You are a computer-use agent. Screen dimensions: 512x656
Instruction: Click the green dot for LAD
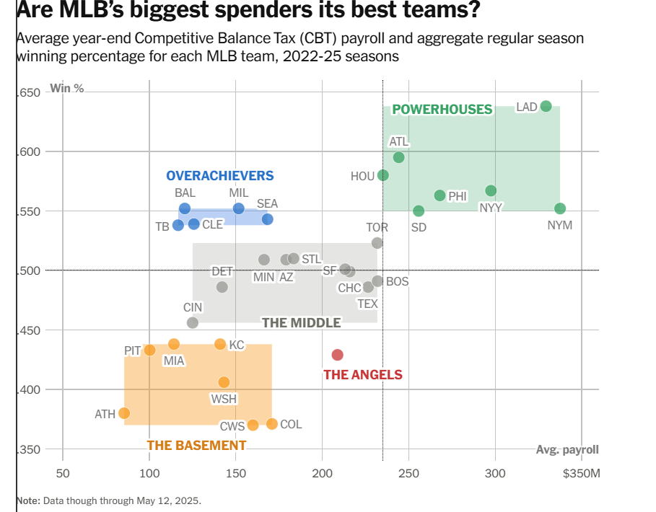click(x=546, y=106)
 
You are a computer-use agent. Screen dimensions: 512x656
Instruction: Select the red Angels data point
click(x=337, y=355)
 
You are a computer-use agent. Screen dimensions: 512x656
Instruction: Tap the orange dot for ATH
click(x=124, y=413)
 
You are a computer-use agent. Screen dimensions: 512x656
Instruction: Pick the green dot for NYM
click(x=560, y=208)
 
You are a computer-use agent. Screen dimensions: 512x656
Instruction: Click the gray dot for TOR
click(x=377, y=243)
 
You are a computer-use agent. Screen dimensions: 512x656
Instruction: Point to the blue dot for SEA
click(x=267, y=219)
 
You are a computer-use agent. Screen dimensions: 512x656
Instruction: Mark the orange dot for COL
click(x=271, y=424)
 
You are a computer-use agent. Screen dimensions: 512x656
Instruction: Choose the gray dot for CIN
click(x=192, y=323)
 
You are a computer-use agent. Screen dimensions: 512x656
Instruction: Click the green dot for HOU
click(x=383, y=175)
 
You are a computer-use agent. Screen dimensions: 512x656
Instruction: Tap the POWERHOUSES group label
click(x=442, y=110)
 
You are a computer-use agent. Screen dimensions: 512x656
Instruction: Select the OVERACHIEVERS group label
click(x=220, y=176)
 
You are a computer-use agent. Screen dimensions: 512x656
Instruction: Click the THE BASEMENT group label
click(x=191, y=446)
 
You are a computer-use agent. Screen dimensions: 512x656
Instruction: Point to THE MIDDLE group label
click(x=301, y=322)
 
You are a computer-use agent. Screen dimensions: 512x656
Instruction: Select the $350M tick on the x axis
click(x=582, y=473)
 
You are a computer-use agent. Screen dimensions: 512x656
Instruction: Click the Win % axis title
click(x=66, y=89)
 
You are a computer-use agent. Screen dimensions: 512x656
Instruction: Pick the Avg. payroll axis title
click(x=567, y=450)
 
